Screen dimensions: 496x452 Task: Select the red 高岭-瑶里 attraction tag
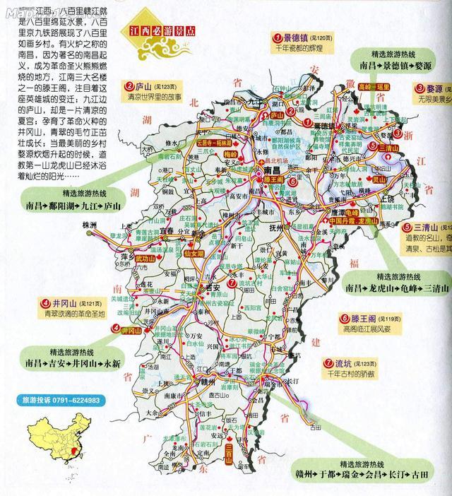(374, 85)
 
